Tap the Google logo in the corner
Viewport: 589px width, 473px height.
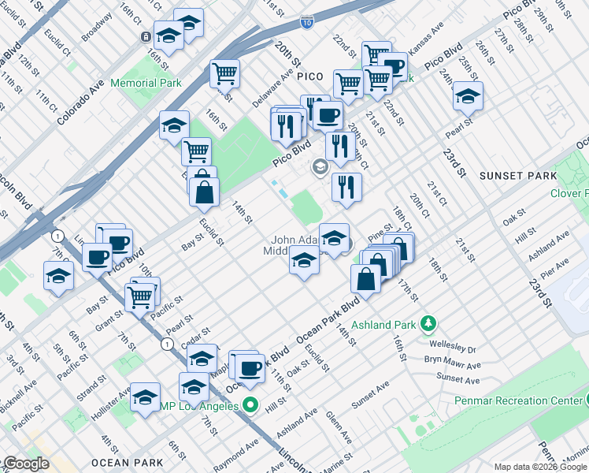(26, 464)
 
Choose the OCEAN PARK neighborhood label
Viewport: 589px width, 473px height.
(128, 463)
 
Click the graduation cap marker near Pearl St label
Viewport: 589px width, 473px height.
(468, 98)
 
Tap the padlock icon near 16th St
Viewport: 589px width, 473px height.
(146, 37)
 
